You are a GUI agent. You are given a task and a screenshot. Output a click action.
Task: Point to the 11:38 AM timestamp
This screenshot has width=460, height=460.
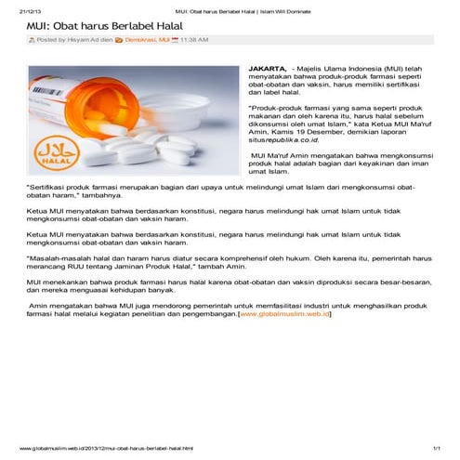[x=194, y=41]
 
